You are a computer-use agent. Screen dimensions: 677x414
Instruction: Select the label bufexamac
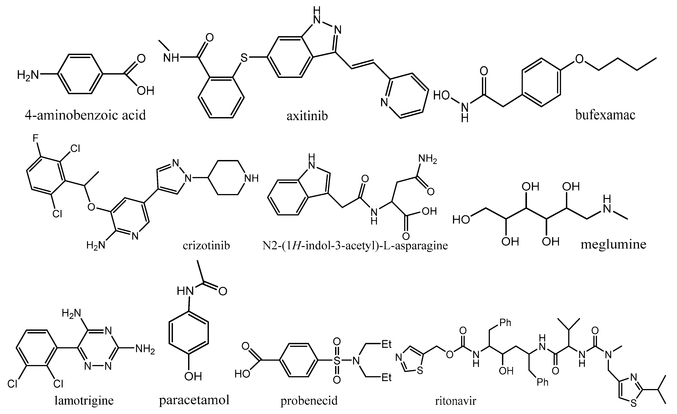605,115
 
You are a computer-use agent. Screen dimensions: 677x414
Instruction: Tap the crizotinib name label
206,245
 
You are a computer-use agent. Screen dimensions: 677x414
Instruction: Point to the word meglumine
613,244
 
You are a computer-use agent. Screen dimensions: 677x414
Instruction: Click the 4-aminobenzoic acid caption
85,115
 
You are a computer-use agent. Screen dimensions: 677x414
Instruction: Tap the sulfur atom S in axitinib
244,58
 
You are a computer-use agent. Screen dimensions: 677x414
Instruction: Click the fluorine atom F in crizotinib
35,138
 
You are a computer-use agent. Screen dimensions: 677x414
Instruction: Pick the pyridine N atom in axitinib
384,103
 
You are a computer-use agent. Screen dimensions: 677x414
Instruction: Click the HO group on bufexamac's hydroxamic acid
442,96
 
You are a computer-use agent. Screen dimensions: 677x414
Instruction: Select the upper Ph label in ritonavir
505,322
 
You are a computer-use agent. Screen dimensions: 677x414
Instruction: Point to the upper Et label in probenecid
386,344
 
